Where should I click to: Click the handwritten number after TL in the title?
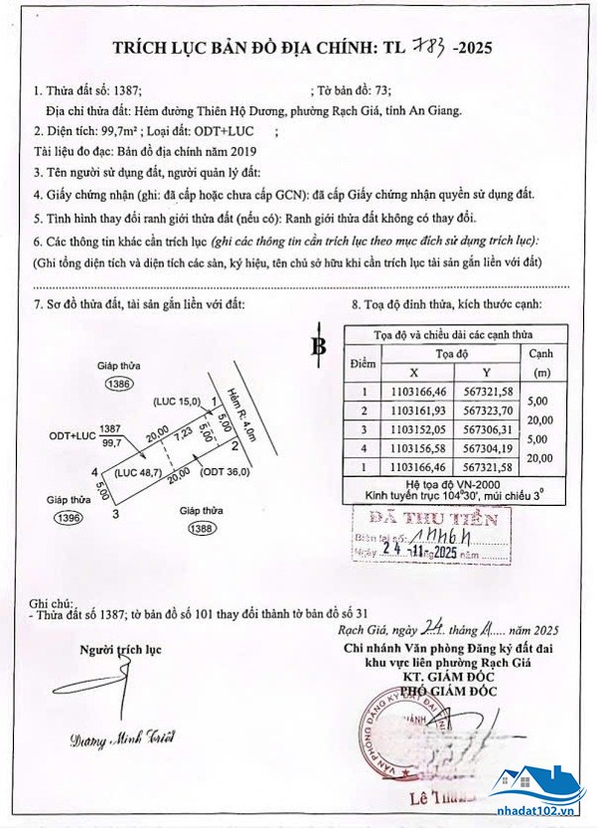[424, 45]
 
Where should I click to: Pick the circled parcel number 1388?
[200, 529]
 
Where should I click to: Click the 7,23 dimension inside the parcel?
[184, 434]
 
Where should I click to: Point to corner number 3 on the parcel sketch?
[116, 513]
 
